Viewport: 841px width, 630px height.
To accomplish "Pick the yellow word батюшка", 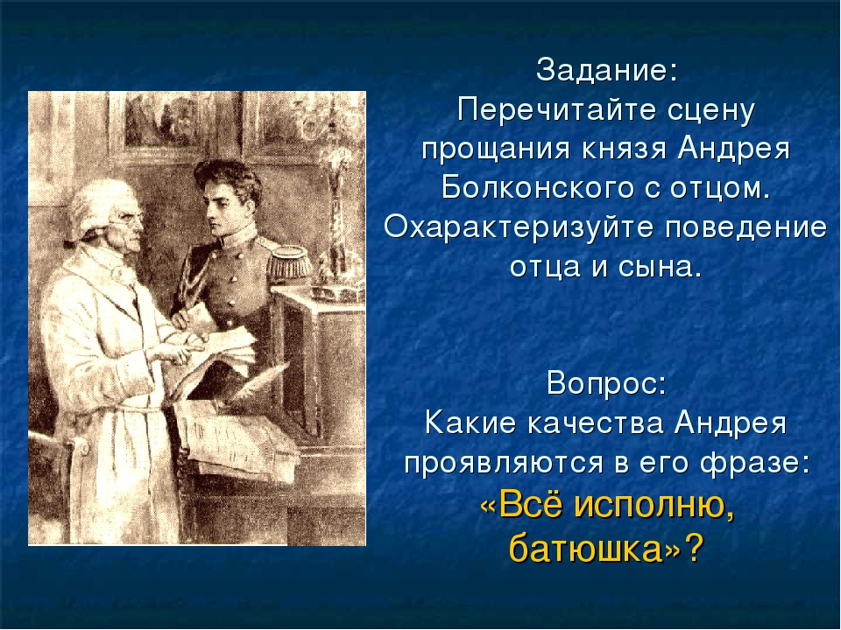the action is pyautogui.click(x=586, y=548).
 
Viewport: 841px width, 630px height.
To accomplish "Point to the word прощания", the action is pyautogui.click(x=495, y=150).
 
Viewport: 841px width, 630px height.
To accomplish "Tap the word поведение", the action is pyautogui.click(x=746, y=228).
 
